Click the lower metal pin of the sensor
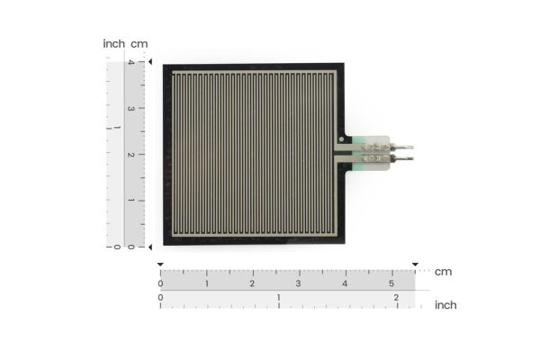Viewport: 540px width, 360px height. pos(403,158)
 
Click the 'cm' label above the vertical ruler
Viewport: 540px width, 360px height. pos(139,43)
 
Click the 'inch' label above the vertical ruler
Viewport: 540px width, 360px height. pos(114,43)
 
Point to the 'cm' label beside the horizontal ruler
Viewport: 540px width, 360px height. pos(443,272)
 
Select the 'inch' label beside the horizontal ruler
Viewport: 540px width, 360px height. pos(445,305)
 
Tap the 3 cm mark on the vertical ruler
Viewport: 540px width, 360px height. pos(130,108)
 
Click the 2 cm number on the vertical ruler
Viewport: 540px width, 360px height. pos(130,155)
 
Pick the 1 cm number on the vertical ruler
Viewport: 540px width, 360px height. pos(130,201)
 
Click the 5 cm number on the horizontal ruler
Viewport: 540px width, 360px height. pos(391,283)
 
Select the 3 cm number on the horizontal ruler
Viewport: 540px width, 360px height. pos(299,283)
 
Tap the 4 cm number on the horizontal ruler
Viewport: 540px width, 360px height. pos(346,283)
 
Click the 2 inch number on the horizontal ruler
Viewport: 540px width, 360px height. pos(396,297)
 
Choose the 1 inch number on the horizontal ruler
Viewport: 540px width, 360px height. pos(278,297)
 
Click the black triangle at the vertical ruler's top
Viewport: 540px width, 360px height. pos(150,61)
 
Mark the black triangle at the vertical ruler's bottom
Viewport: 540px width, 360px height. pos(150,247)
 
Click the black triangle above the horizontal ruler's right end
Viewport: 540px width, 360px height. pos(415,265)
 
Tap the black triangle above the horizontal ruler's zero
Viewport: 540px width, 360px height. pos(160,265)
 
